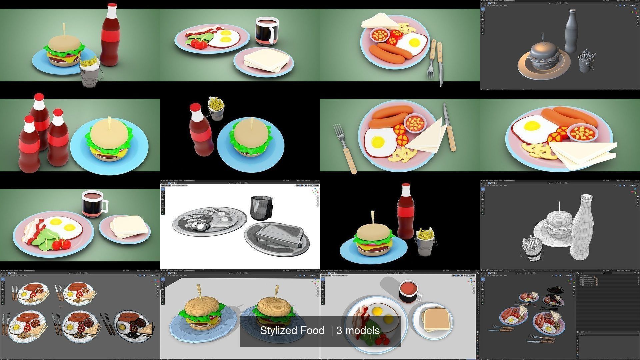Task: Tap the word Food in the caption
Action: (x=312, y=331)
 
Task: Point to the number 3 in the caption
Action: (x=339, y=331)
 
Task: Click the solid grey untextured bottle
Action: (x=571, y=32)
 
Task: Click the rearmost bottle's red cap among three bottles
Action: (x=39, y=97)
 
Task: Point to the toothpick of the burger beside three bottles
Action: (x=109, y=121)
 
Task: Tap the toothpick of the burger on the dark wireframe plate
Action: (x=277, y=292)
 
